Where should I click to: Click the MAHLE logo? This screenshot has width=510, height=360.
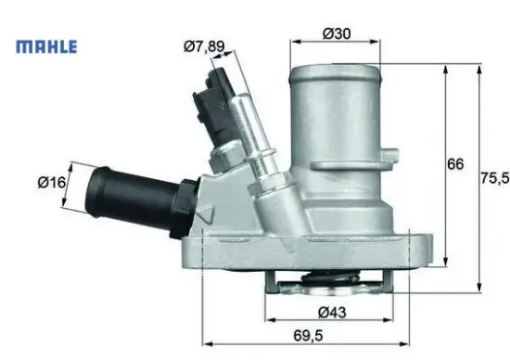coord(46,45)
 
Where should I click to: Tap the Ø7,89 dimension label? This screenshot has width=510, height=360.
coord(204,45)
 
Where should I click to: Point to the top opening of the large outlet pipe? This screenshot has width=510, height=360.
coord(335,70)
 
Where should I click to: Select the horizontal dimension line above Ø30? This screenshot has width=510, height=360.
coord(335,42)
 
